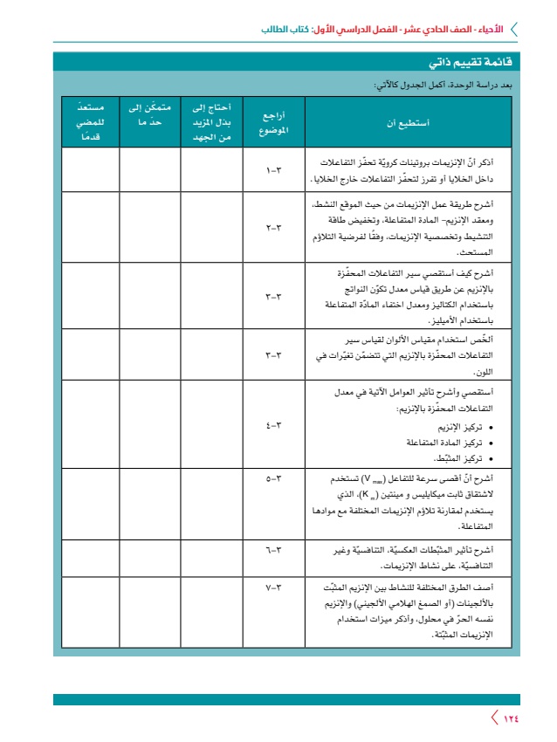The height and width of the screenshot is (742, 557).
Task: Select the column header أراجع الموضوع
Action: coord(273,123)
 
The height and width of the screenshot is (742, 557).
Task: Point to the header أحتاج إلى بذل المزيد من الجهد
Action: coord(210,123)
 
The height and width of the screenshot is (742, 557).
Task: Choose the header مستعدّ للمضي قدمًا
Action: coord(90,123)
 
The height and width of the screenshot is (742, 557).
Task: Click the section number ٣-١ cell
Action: coord(273,171)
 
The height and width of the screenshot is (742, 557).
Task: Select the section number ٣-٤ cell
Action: coord(273,425)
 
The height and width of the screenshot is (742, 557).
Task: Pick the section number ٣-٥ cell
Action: coord(273,479)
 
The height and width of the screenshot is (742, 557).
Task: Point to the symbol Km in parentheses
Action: coord(358,495)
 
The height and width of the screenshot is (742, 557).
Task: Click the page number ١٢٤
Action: coord(510,718)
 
